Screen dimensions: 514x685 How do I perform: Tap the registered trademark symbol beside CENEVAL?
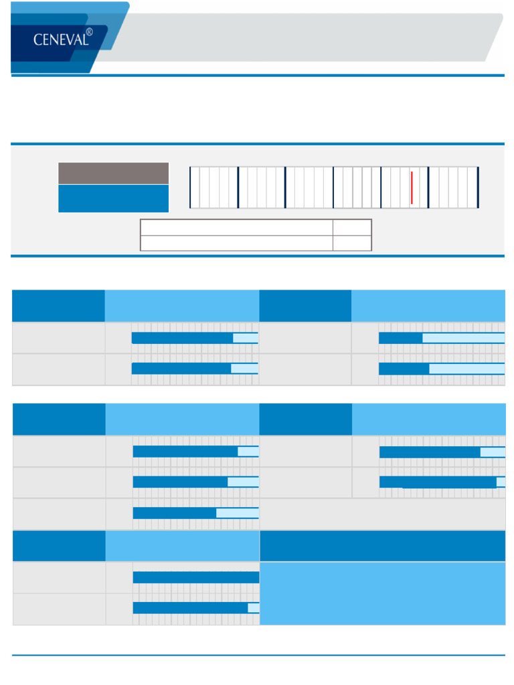89,31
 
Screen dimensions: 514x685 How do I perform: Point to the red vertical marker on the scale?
412,187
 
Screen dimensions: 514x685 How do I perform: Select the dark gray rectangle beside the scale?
113,173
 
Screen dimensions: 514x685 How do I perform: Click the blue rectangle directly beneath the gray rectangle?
113,199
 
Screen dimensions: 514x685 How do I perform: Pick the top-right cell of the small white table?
352,227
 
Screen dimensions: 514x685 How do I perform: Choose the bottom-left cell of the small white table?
236,243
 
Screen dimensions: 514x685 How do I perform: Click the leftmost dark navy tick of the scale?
191,187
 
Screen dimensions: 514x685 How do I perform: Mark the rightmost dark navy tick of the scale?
478,187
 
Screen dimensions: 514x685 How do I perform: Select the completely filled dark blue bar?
195,577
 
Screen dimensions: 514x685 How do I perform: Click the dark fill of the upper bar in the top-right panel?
400,338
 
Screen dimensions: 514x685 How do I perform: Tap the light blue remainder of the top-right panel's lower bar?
466,369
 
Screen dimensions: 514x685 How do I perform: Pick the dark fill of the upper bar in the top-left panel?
182,338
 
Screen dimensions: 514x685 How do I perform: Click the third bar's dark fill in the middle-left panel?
175,513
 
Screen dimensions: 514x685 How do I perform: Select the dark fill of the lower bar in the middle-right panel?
438,482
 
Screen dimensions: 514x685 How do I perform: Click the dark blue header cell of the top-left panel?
58,306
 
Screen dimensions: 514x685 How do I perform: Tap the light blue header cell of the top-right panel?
428,306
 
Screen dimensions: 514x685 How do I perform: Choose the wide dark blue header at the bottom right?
382,546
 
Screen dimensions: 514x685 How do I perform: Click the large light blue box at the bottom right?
382,593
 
